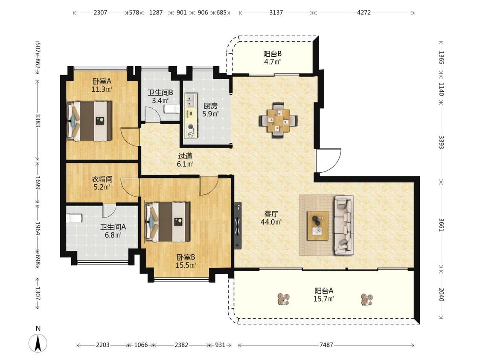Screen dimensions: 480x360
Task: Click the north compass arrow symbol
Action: click(x=38, y=343)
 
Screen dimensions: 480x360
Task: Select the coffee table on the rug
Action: click(x=318, y=226)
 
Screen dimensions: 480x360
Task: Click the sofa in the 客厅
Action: click(x=344, y=225)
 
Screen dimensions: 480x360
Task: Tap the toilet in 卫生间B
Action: click(x=172, y=109)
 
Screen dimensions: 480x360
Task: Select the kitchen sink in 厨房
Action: click(x=191, y=100)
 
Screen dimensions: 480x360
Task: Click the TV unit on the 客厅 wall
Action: click(x=238, y=226)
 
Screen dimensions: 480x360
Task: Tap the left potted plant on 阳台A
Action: click(x=284, y=299)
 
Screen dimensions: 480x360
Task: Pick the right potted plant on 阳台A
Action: click(x=367, y=299)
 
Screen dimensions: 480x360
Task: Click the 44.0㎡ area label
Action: click(x=271, y=222)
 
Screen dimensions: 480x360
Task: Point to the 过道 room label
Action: click(x=185, y=156)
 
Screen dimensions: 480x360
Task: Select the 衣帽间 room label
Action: click(x=102, y=179)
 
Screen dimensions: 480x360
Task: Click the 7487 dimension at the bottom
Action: click(x=326, y=345)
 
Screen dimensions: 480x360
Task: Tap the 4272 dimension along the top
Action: click(x=364, y=12)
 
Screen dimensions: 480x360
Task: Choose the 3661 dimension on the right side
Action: click(x=441, y=225)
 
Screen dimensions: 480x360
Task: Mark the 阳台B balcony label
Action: click(x=273, y=54)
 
